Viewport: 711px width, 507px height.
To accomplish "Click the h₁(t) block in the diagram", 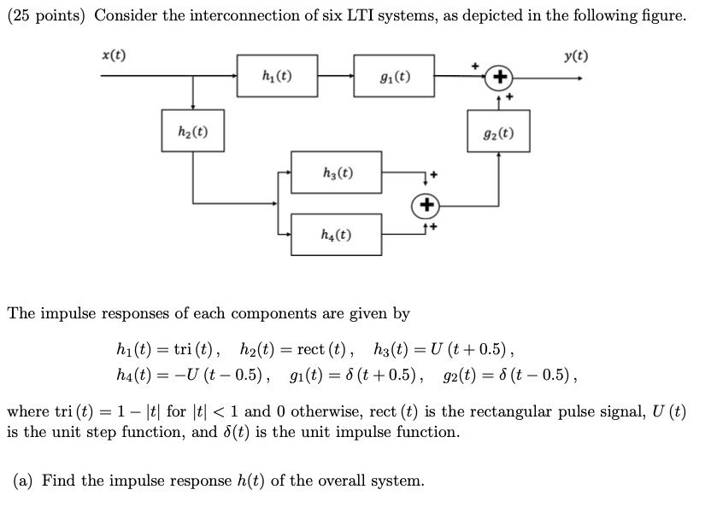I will point(277,77).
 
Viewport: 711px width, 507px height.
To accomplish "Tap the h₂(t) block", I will point(193,131).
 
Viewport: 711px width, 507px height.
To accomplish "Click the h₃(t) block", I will point(336,173).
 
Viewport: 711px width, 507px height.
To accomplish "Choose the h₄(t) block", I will point(336,233).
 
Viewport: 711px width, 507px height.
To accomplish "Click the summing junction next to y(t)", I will point(498,78).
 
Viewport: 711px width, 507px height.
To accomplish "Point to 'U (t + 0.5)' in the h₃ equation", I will point(468,349).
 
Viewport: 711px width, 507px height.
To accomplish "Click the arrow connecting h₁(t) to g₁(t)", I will point(336,77).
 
